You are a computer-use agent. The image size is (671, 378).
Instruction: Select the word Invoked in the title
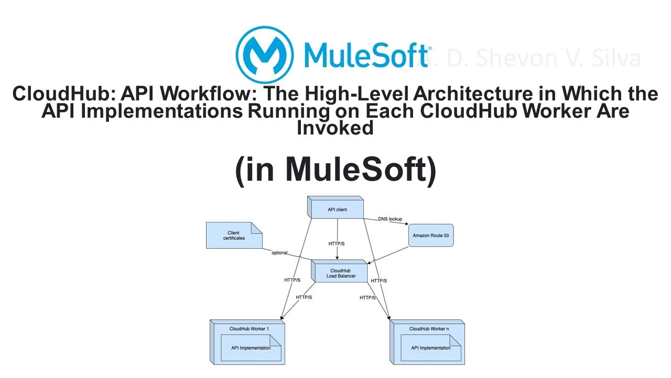335,128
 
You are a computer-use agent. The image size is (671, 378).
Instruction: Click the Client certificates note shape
234,235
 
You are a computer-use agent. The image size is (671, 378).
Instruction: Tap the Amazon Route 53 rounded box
430,236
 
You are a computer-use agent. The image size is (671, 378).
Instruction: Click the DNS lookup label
390,218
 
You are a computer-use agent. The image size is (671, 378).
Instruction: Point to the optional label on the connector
279,253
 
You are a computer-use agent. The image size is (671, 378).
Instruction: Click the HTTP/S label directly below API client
337,244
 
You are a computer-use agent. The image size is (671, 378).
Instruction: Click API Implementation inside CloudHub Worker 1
251,348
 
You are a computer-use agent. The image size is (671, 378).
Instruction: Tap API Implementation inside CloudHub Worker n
430,348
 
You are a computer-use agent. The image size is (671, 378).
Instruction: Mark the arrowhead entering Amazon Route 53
407,226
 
